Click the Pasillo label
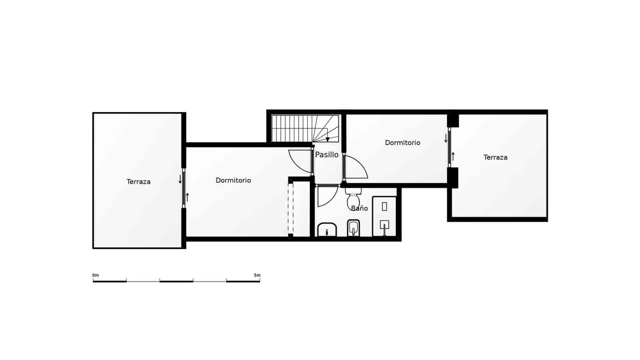(x=327, y=155)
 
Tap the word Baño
(x=359, y=208)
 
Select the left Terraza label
(x=138, y=182)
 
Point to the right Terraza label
(x=495, y=158)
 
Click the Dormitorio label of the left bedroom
(x=233, y=180)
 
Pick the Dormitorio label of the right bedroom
(x=402, y=143)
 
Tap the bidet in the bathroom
(x=353, y=228)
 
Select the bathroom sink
(x=327, y=230)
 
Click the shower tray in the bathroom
(x=384, y=216)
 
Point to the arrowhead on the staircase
(x=328, y=139)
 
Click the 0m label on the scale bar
(x=96, y=275)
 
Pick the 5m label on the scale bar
(x=257, y=275)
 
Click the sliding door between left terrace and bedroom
(x=184, y=188)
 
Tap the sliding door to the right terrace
(x=449, y=147)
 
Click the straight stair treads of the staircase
(x=292, y=128)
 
